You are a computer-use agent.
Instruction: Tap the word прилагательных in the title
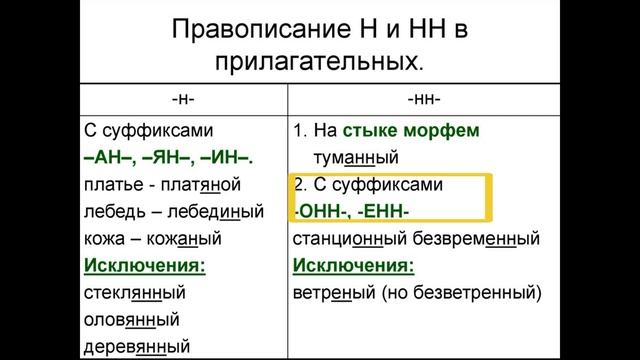tap(318, 62)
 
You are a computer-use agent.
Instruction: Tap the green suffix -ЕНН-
tap(382, 211)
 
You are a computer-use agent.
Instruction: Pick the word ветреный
tap(334, 294)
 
